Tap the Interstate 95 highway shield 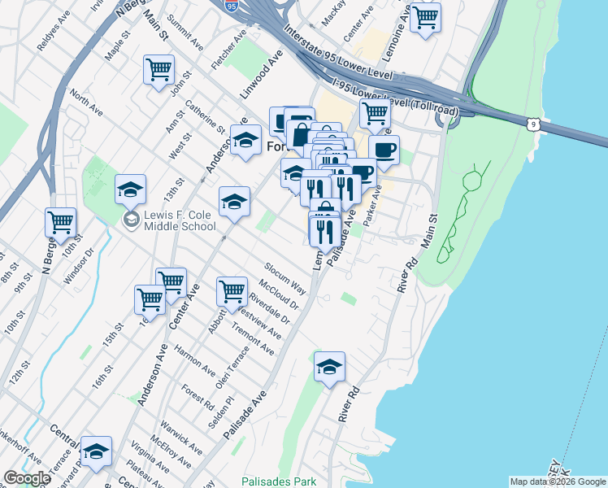[x=233, y=5]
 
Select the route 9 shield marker [x=532, y=124]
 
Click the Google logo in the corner [x=27, y=478]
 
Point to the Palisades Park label [x=279, y=481]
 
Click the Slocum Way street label [x=284, y=278]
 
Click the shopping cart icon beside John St [x=159, y=68]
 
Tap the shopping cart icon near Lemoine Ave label [x=425, y=16]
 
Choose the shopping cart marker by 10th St [x=60, y=221]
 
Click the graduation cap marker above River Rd [x=329, y=367]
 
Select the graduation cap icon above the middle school [x=130, y=190]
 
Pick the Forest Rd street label [x=198, y=396]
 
